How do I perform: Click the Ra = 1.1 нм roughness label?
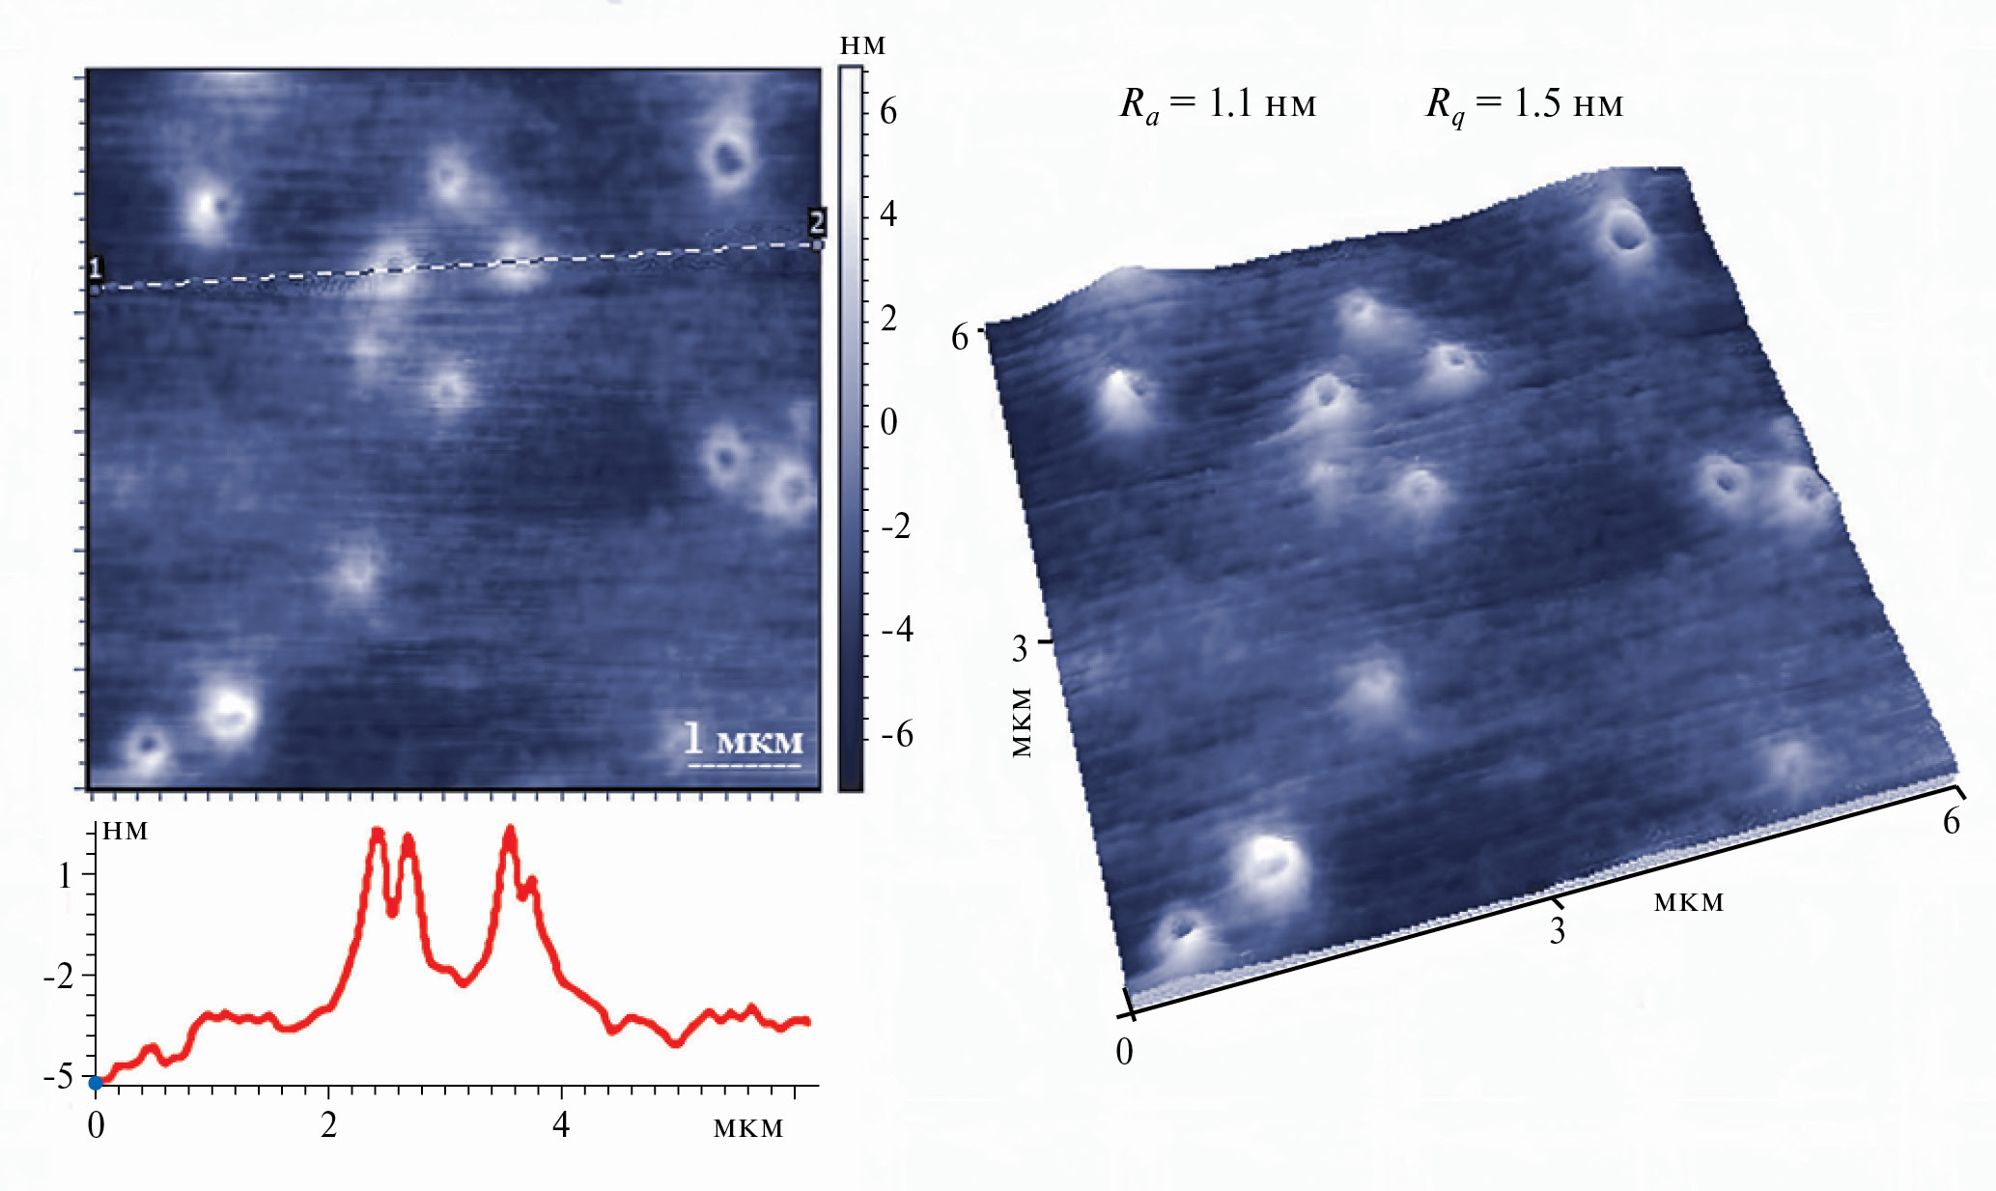click(1218, 103)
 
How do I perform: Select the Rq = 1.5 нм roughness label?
click(1525, 103)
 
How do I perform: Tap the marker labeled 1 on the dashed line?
click(95, 269)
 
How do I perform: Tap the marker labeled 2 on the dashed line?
click(817, 223)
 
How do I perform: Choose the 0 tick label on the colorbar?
click(888, 422)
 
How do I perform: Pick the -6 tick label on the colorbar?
click(896, 735)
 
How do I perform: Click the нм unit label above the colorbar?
click(862, 45)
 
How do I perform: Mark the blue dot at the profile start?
click(96, 1083)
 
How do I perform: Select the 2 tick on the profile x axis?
click(329, 1126)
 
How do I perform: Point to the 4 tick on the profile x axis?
click(562, 1126)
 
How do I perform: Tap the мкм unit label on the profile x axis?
click(748, 1127)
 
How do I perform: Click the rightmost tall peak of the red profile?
click(510, 833)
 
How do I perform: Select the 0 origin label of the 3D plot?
click(1124, 1051)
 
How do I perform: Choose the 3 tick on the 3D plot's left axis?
click(1020, 649)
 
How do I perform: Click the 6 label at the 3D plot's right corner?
click(1952, 821)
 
